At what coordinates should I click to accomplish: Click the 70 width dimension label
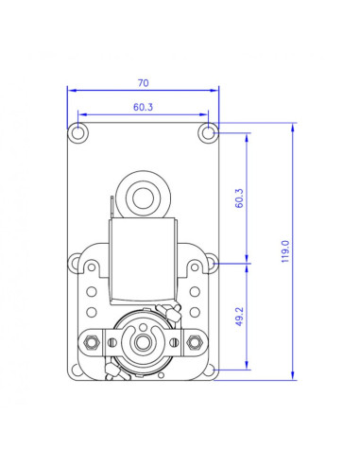[x=143, y=83]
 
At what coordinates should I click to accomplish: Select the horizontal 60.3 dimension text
[x=143, y=107]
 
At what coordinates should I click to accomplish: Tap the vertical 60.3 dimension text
[x=239, y=198]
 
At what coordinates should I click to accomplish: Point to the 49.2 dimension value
[x=239, y=317]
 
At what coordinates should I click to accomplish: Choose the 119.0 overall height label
[x=285, y=251]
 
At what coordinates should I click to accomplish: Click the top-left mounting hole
[x=77, y=133]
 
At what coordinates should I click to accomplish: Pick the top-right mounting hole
[x=207, y=133]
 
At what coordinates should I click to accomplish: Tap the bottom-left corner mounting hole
[x=76, y=370]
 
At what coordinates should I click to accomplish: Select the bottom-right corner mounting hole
[x=209, y=370]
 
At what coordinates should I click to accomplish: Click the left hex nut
[x=92, y=342]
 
